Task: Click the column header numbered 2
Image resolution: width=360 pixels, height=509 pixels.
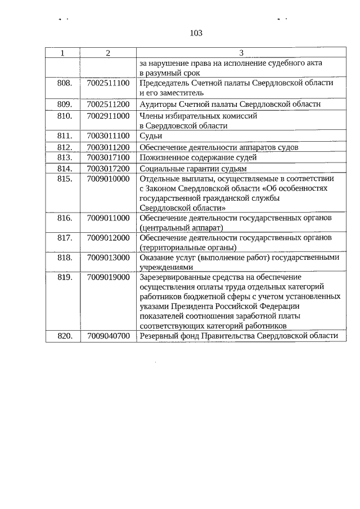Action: pos(108,53)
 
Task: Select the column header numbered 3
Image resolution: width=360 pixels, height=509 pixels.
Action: pos(241,53)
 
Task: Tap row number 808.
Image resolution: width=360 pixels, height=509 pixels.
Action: pos(65,83)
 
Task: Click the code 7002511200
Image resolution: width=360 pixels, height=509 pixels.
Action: pos(109,104)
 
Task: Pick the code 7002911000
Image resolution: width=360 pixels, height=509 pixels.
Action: pos(109,116)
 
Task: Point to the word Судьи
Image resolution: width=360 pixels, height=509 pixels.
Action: pos(151,136)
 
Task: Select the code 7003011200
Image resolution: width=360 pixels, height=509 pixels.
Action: pos(109,147)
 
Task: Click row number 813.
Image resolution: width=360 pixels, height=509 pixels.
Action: pos(65,157)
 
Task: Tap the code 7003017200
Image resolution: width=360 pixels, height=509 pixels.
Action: pos(109,168)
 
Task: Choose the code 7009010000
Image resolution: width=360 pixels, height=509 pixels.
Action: pos(109,179)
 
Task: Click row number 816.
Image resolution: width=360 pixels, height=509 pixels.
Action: pos(65,218)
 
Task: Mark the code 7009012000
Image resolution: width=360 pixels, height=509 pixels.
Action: pos(109,237)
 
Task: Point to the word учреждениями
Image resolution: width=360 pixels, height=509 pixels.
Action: pos(166,267)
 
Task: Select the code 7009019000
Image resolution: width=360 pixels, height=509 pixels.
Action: pos(109,277)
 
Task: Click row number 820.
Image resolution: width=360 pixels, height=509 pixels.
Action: pos(65,336)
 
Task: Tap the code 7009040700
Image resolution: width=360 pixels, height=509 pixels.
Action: pos(109,336)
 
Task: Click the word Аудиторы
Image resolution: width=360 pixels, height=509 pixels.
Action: pos(157,104)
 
